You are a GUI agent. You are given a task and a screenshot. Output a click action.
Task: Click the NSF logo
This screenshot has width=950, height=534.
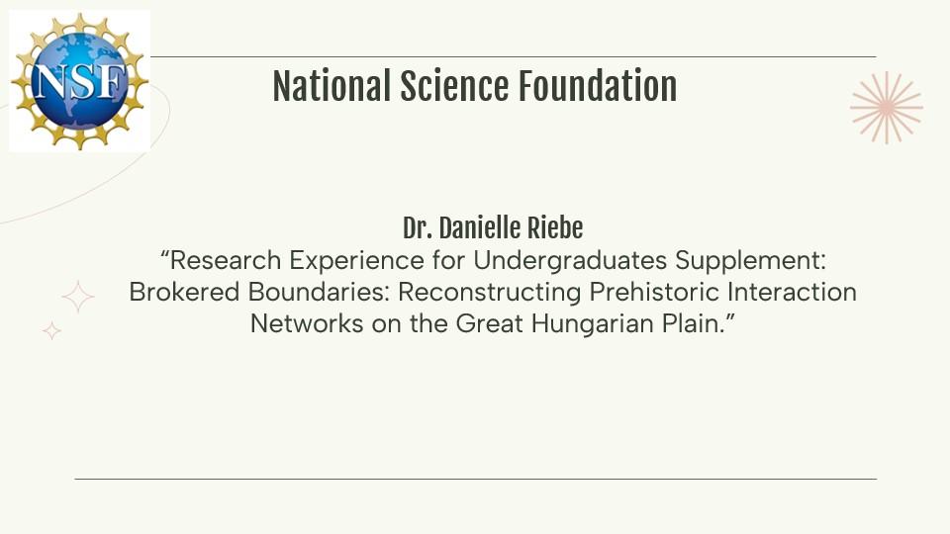[x=79, y=80]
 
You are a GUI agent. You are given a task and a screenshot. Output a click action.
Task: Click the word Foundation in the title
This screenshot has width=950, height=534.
[x=597, y=86]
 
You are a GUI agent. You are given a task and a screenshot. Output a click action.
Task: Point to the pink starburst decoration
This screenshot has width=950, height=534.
[x=887, y=108]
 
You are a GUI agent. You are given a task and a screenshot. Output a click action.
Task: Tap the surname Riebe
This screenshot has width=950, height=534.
[x=555, y=228]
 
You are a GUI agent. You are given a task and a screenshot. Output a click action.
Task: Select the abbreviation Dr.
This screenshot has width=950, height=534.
[x=418, y=228]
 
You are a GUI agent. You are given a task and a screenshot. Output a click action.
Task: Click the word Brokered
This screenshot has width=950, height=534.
[x=184, y=292]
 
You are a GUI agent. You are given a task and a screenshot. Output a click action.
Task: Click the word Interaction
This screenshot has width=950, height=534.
[x=792, y=292]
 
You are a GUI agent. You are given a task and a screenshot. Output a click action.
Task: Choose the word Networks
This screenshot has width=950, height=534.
[x=307, y=323]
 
